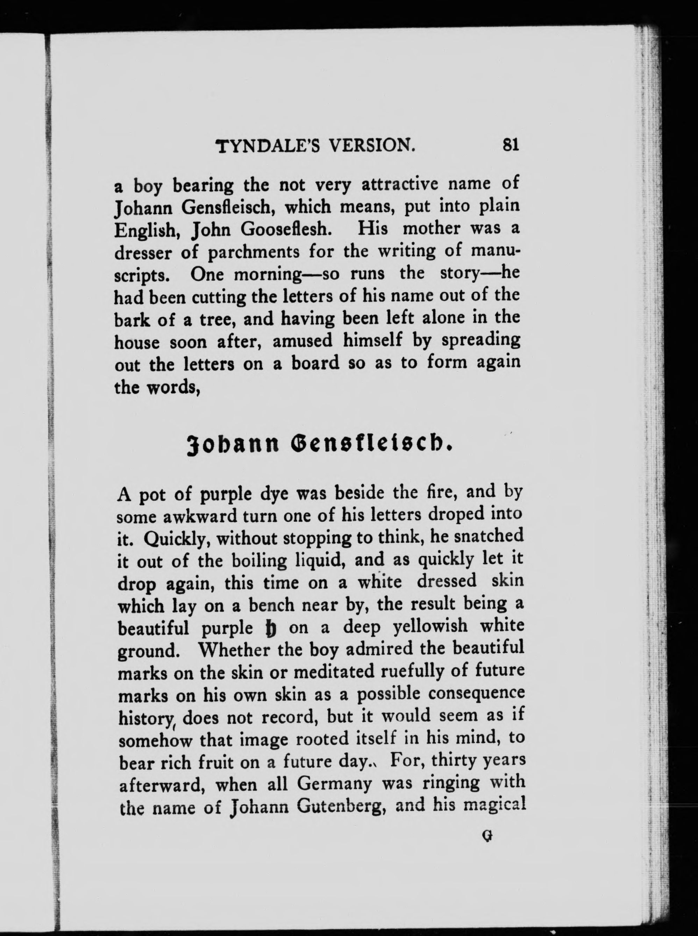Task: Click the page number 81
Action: pos(510,144)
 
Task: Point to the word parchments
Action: pos(254,253)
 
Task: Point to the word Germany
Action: pos(335,784)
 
